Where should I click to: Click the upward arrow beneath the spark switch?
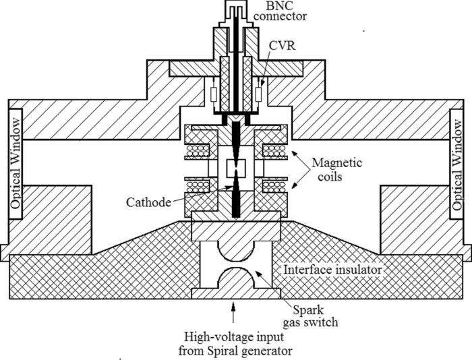coord(234,313)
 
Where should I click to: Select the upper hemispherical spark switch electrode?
coord(236,250)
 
